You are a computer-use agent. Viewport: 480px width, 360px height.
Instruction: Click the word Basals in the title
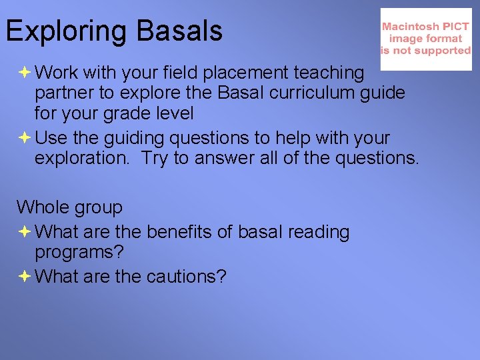(x=179, y=31)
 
